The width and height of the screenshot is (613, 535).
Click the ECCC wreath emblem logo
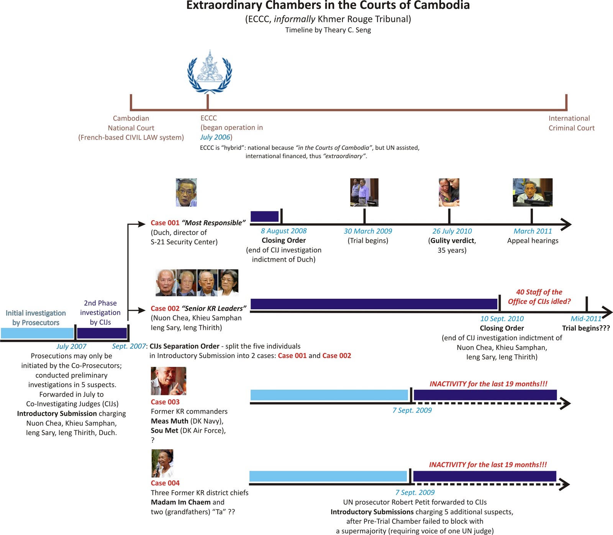[209, 72]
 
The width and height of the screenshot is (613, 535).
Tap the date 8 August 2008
[284, 231]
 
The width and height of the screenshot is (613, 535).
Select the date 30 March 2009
[368, 231]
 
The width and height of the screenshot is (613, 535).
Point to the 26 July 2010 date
[452, 231]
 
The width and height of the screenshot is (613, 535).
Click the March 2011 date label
[533, 231]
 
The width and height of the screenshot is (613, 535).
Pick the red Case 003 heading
[165, 402]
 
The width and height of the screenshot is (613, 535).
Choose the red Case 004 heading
[165, 483]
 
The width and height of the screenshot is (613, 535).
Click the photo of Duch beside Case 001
[186, 192]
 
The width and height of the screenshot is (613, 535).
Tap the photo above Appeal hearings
[533, 192]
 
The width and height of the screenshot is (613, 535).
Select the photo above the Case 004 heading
[162, 463]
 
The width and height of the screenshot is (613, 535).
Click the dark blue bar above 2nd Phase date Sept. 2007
[102, 333]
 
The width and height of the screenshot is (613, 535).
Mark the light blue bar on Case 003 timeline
[329, 395]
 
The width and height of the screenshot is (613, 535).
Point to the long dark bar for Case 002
[374, 304]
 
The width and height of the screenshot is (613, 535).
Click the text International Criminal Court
[571, 123]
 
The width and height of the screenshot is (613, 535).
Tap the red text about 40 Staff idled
[539, 297]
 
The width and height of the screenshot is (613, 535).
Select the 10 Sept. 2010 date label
[502, 319]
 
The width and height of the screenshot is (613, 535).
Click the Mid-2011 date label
[586, 319]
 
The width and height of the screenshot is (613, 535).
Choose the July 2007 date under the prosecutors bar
[71, 347]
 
